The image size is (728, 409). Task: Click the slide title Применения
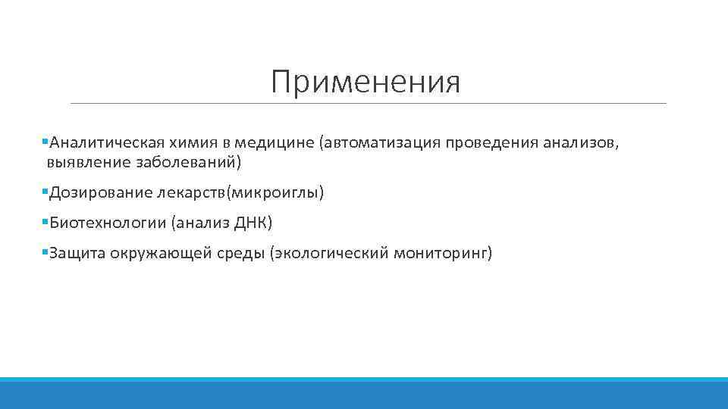click(x=366, y=83)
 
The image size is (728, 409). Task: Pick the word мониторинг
click(x=441, y=253)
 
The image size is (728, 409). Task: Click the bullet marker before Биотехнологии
click(x=45, y=222)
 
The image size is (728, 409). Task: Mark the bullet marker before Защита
click(x=45, y=252)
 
